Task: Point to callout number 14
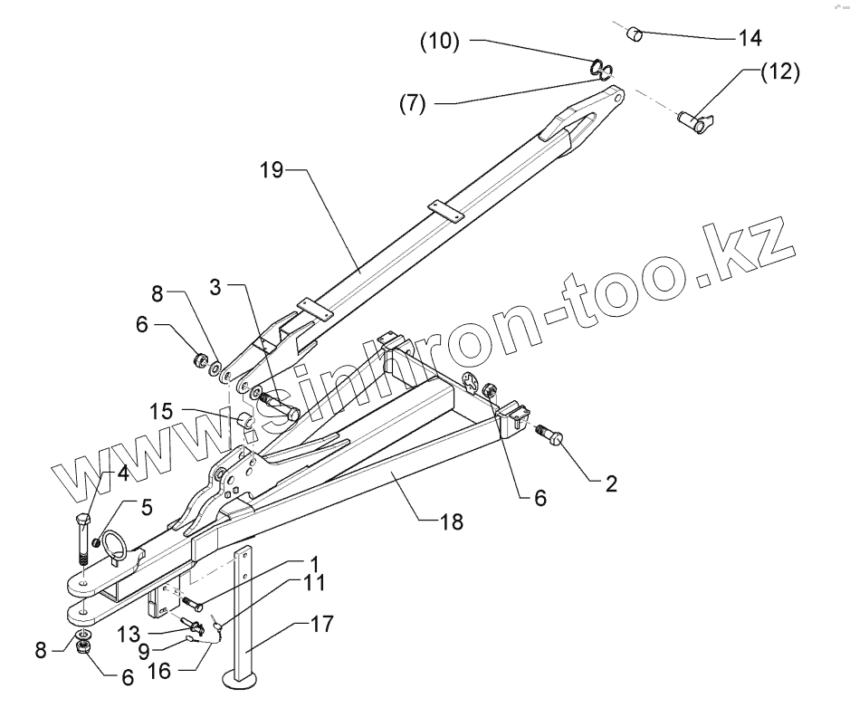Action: (750, 38)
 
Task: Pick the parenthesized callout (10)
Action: (440, 42)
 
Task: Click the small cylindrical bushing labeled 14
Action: (635, 34)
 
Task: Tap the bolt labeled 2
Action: (551, 437)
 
